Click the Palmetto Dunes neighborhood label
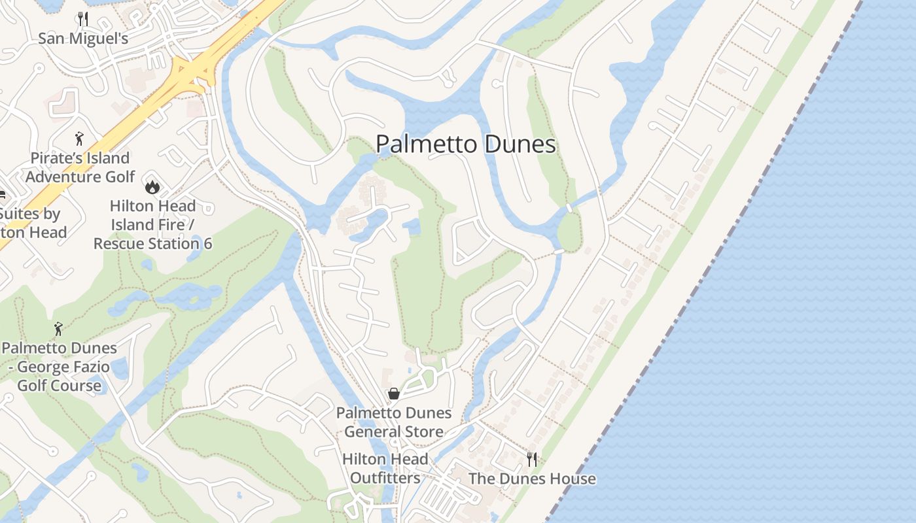coord(466,144)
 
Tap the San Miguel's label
coord(82,39)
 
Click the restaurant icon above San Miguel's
coord(82,18)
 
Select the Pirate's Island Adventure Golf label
coord(80,167)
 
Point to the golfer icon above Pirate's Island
coord(79,138)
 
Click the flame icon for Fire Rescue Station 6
coord(152,187)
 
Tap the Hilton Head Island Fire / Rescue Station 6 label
coord(152,225)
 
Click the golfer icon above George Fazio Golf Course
coord(59,328)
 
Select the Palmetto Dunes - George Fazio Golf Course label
coord(59,367)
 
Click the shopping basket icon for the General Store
coord(394,394)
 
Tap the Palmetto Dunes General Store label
coord(394,422)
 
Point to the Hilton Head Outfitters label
coord(385,469)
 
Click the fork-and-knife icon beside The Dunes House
coord(532,459)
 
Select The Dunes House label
coord(532,479)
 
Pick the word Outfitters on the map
coord(385,478)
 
